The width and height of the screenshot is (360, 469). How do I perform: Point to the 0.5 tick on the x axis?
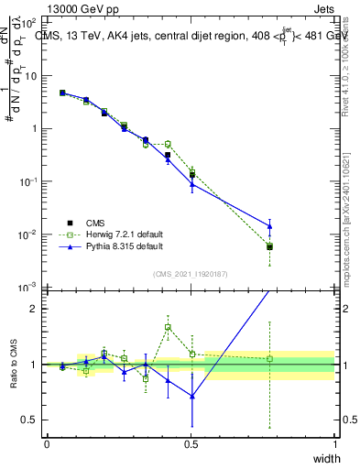click(191, 443)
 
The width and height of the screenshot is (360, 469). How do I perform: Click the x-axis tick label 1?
click(334, 443)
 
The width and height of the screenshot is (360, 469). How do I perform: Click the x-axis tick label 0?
click(47, 443)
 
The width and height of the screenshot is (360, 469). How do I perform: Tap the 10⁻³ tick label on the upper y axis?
click(27, 288)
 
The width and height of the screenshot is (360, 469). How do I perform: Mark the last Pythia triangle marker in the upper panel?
click(269, 225)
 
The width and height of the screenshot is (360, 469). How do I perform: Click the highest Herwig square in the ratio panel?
click(168, 327)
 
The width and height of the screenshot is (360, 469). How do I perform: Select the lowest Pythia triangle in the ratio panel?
click(191, 396)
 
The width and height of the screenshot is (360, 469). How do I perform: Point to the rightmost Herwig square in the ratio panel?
click(269, 359)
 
